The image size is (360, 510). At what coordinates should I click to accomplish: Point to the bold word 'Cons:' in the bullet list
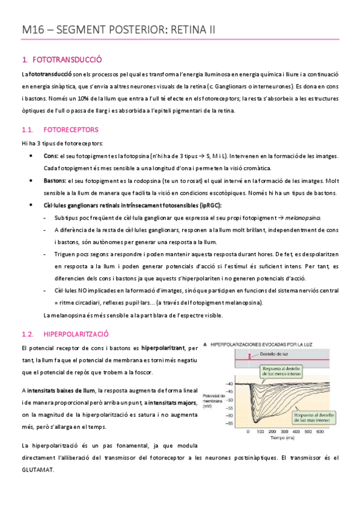pos(51,155)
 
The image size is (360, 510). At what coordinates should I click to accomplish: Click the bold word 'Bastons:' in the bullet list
pos(55,180)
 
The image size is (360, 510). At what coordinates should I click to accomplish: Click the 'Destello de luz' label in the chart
pos(276,354)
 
